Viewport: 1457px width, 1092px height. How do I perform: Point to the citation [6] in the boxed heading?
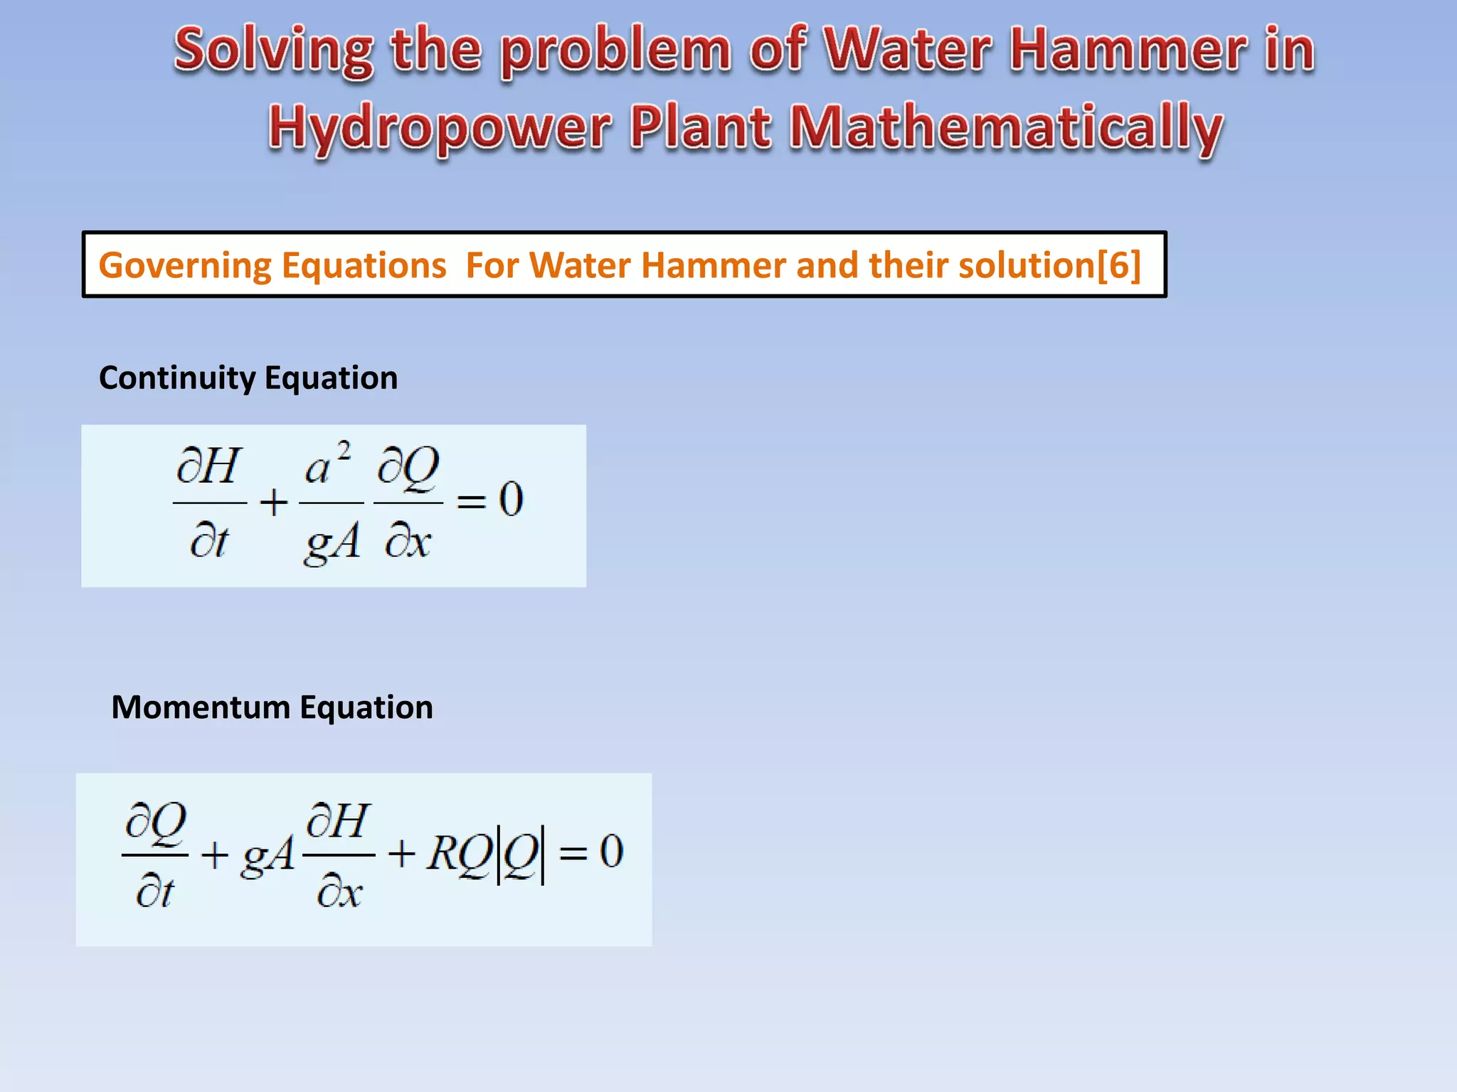1119,265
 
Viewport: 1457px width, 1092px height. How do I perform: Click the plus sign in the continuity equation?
273,503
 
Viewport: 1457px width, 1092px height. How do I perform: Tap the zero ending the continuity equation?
511,499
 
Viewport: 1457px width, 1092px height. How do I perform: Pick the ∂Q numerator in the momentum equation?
156,823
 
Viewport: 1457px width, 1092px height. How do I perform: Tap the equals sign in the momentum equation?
573,853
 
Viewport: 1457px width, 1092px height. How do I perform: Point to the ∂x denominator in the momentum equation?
339,892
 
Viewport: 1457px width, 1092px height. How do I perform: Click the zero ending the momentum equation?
611,851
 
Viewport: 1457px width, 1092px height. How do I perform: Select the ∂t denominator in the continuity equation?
208,542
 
